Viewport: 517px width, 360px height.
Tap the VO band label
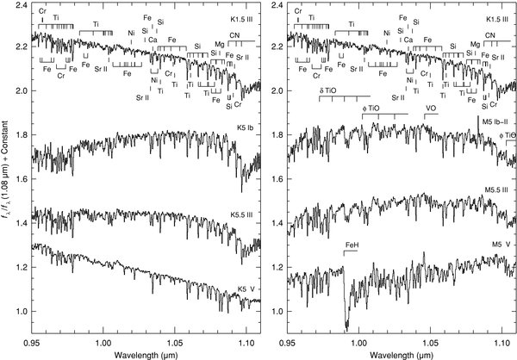pyautogui.click(x=430, y=109)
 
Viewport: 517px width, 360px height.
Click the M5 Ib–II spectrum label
pyautogui.click(x=496, y=123)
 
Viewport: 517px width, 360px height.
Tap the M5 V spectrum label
pyautogui.click(x=502, y=267)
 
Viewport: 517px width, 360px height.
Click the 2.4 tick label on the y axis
pyautogui.click(x=18, y=6)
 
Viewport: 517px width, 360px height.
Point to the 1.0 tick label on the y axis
pyautogui.click(x=18, y=311)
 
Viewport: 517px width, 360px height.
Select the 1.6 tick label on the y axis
pyautogui.click(x=18, y=179)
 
